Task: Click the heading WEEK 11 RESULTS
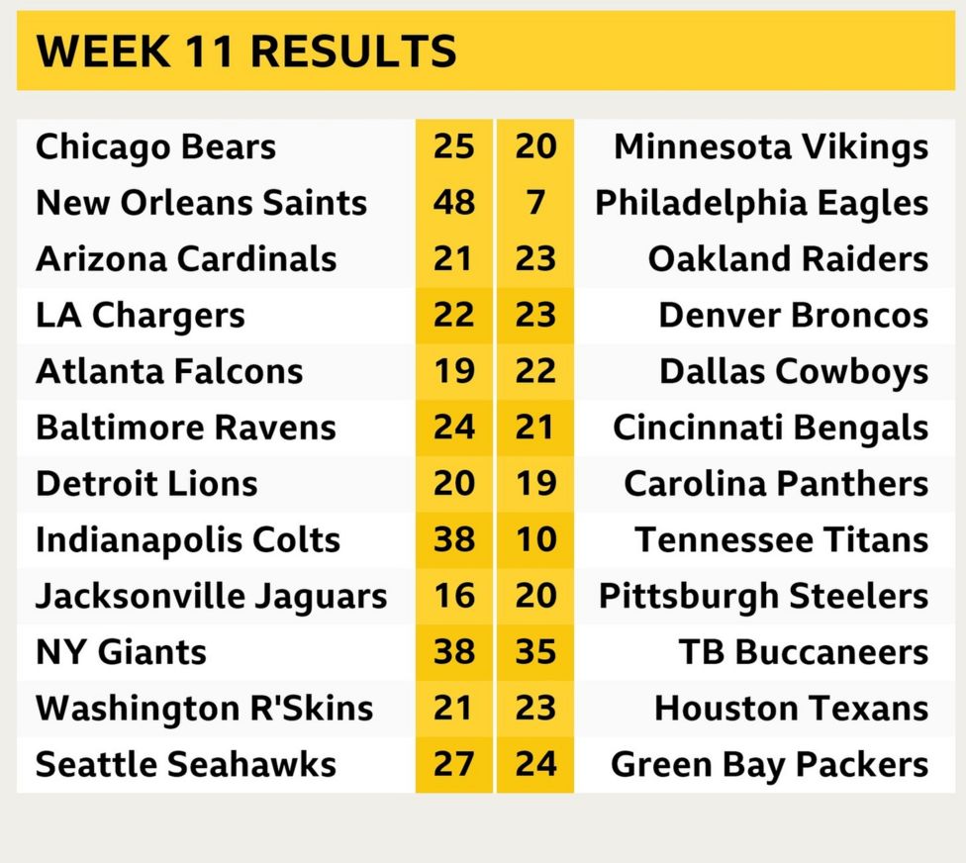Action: [246, 50]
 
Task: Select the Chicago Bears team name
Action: [155, 147]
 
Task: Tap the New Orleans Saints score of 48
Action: [453, 203]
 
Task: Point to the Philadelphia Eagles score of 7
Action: [535, 203]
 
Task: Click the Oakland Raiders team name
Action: [788, 259]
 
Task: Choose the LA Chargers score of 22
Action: [453, 316]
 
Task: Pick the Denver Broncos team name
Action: [793, 316]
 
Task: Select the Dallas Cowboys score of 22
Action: [535, 372]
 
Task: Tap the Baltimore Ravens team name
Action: [185, 428]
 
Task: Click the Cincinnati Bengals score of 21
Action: [535, 428]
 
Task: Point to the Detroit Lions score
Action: [453, 484]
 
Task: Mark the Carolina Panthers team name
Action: [776, 484]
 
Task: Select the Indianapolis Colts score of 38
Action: [453, 540]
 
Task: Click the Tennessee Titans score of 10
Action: [535, 540]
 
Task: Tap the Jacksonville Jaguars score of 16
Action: [453, 597]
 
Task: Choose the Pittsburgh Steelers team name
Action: [763, 597]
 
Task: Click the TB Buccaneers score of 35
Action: [535, 652]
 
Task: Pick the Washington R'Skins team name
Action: [204, 709]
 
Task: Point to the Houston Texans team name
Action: [791, 709]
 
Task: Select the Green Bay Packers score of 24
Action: [535, 765]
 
